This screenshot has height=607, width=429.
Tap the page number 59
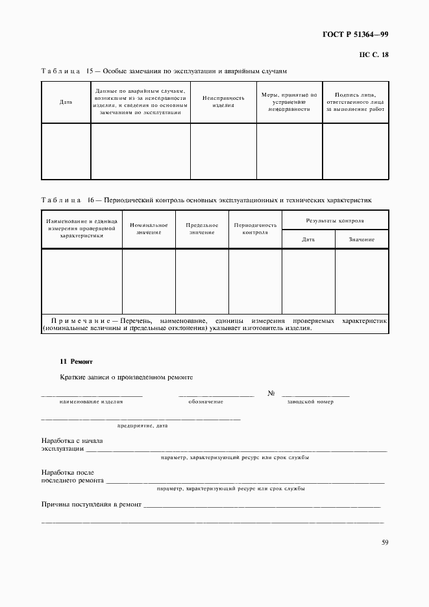pyautogui.click(x=384, y=543)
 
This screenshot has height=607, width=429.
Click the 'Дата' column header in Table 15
pyautogui.click(x=66, y=102)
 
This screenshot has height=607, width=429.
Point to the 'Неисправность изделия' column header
pyautogui.click(x=223, y=101)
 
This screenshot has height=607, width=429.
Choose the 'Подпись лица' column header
pyautogui.click(x=355, y=102)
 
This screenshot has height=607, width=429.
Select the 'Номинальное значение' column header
pyautogui.click(x=149, y=228)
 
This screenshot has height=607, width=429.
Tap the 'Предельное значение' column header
pyautogui.click(x=202, y=228)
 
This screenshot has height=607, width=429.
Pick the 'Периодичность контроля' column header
pyautogui.click(x=255, y=228)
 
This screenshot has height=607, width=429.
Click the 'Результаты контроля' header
pyautogui.click(x=335, y=220)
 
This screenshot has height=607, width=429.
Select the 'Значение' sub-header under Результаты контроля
pyautogui.click(x=362, y=240)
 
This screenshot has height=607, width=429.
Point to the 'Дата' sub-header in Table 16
pyautogui.click(x=308, y=240)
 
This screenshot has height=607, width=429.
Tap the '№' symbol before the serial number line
pyautogui.click(x=271, y=394)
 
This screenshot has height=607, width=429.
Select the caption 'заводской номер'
pyautogui.click(x=310, y=402)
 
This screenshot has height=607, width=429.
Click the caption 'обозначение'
pyautogui.click(x=206, y=402)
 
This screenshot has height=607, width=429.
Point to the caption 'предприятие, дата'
pyautogui.click(x=142, y=426)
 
